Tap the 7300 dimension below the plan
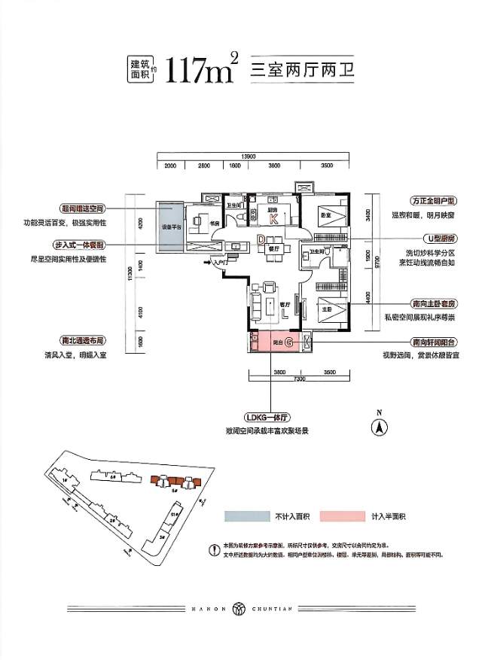point(299,379)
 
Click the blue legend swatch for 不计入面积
point(247,516)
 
